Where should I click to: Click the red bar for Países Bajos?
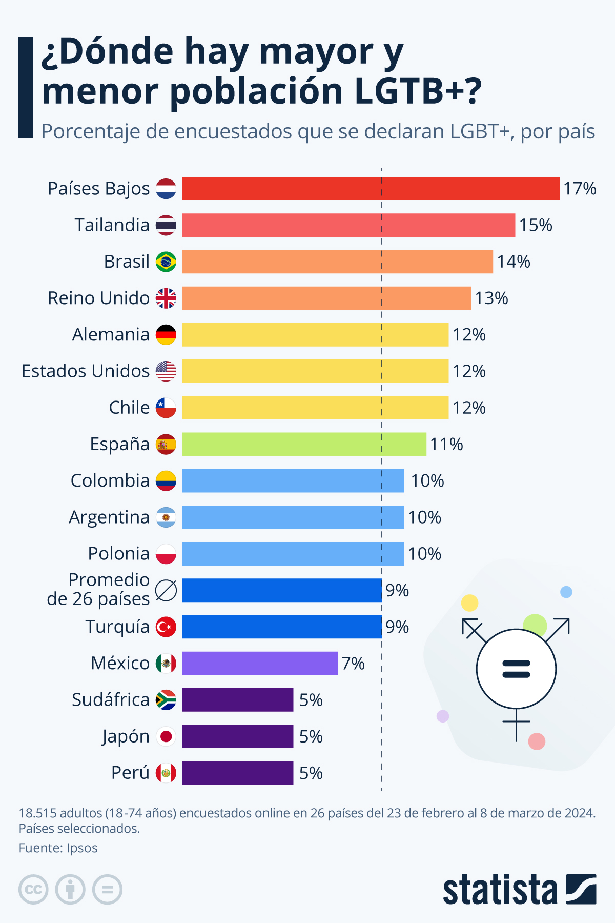tap(371, 189)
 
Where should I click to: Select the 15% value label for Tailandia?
tap(536, 225)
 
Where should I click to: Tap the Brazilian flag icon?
tap(166, 262)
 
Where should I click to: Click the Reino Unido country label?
tap(98, 298)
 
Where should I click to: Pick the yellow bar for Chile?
tap(315, 408)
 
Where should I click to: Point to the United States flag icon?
tap(166, 371)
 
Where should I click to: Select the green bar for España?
tap(304, 444)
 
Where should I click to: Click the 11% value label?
tap(446, 444)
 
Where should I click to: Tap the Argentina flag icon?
tap(166, 517)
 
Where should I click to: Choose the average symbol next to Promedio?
tap(166, 590)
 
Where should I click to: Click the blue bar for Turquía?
tap(282, 627)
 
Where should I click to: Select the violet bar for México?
tap(260, 663)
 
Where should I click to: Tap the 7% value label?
tap(353, 664)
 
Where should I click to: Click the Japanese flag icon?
tap(166, 736)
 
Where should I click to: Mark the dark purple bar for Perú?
tap(238, 773)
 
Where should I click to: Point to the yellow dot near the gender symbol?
tap(469, 603)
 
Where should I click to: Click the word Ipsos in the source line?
tap(82, 848)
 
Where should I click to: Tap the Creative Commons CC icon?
tap(33, 889)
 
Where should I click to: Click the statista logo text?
tap(500, 890)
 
